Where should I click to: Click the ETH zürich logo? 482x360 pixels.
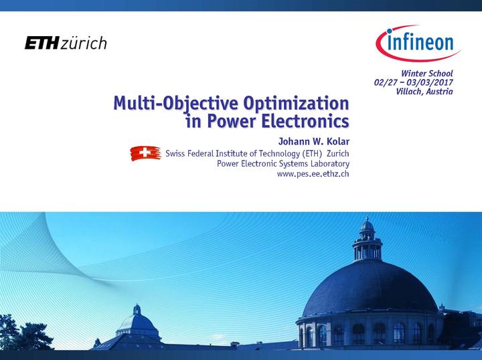(x=66, y=43)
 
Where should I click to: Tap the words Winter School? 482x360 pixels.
(x=427, y=73)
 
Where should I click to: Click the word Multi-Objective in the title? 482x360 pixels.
(x=172, y=104)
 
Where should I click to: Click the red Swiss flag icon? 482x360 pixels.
(x=145, y=153)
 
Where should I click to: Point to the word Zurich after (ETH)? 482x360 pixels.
(x=337, y=153)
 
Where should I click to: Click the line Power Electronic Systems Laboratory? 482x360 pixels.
(x=283, y=164)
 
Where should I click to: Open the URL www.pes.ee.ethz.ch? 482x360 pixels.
(x=313, y=174)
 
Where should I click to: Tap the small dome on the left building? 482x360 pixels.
(x=137, y=321)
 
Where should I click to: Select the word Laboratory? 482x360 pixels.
(x=327, y=164)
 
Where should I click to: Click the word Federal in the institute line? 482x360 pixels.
(x=204, y=153)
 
